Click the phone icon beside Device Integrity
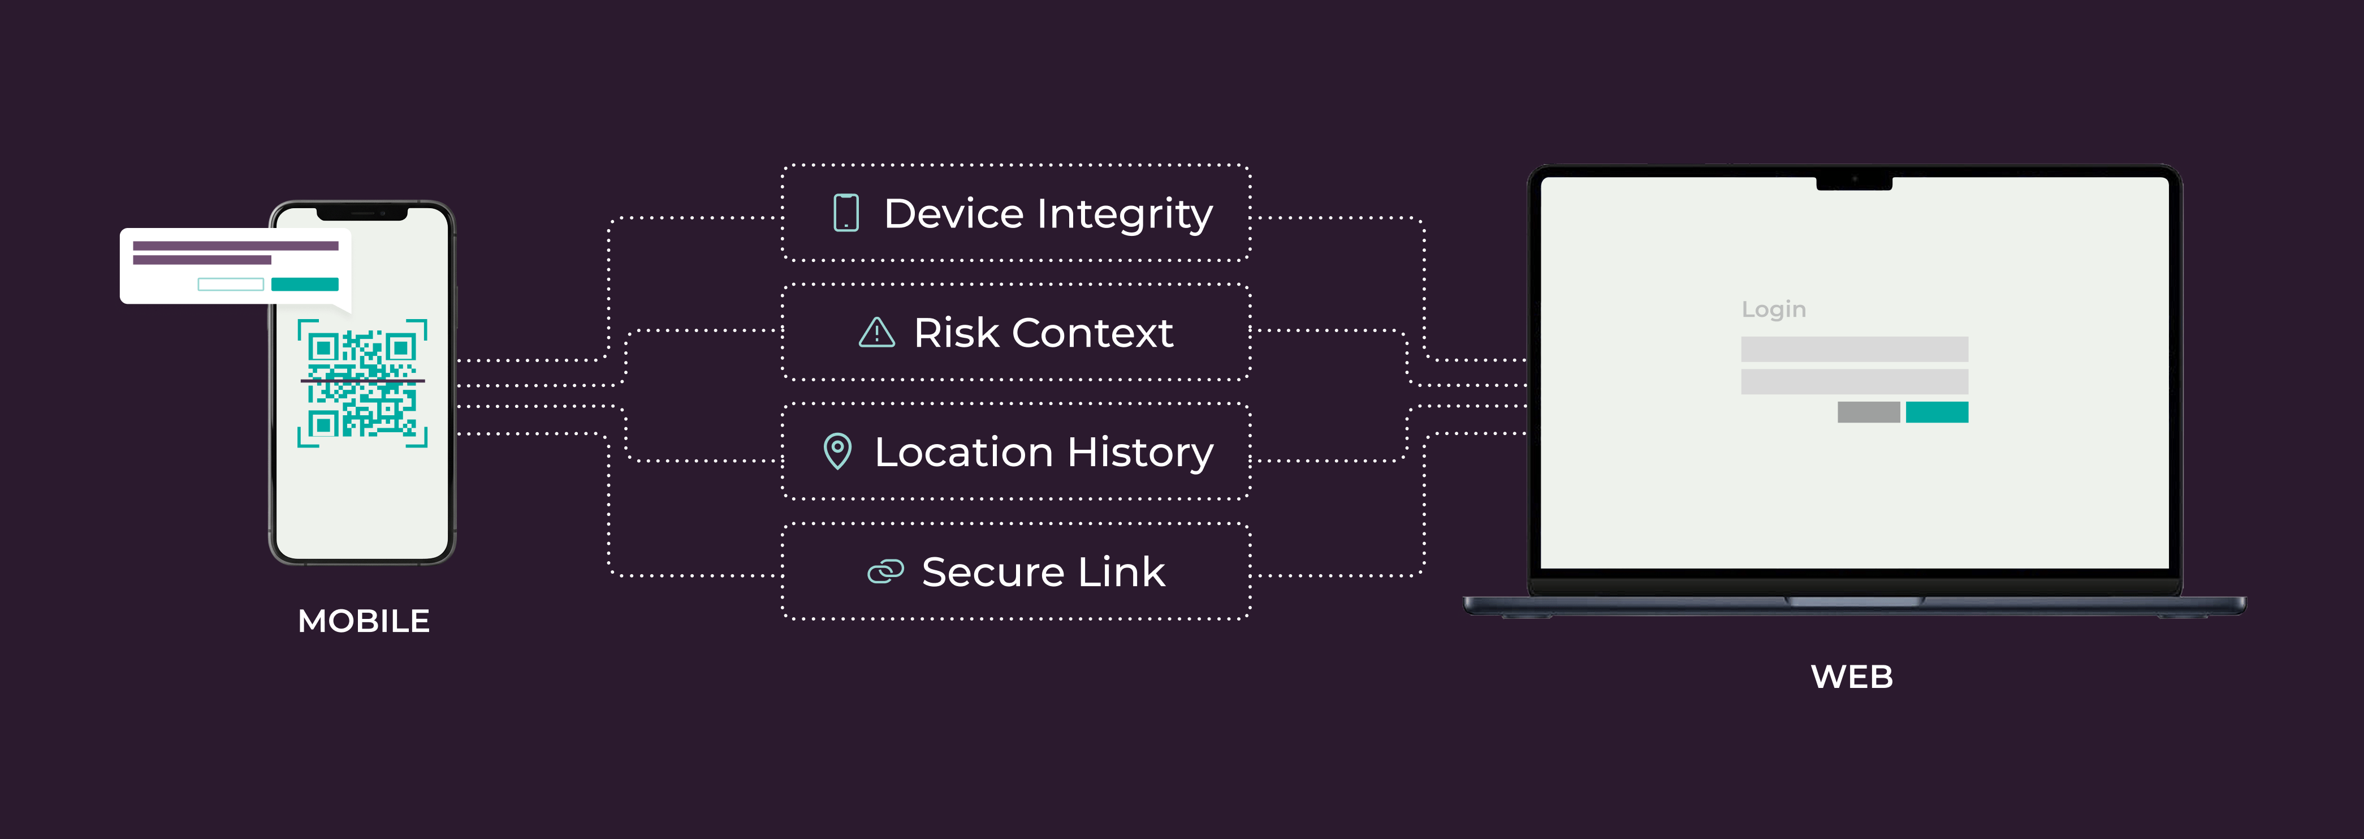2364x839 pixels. coord(845,213)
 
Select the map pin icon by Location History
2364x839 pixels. coord(837,451)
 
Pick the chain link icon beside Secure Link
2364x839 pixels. coord(885,572)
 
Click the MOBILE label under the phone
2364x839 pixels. coord(364,621)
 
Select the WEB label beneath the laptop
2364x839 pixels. coord(1852,677)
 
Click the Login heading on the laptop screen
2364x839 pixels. coord(1773,309)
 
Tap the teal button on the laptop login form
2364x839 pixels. coord(1937,412)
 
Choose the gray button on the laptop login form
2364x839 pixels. coord(1868,412)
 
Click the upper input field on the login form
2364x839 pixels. coord(1854,349)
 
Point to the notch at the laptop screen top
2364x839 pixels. coord(1854,183)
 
